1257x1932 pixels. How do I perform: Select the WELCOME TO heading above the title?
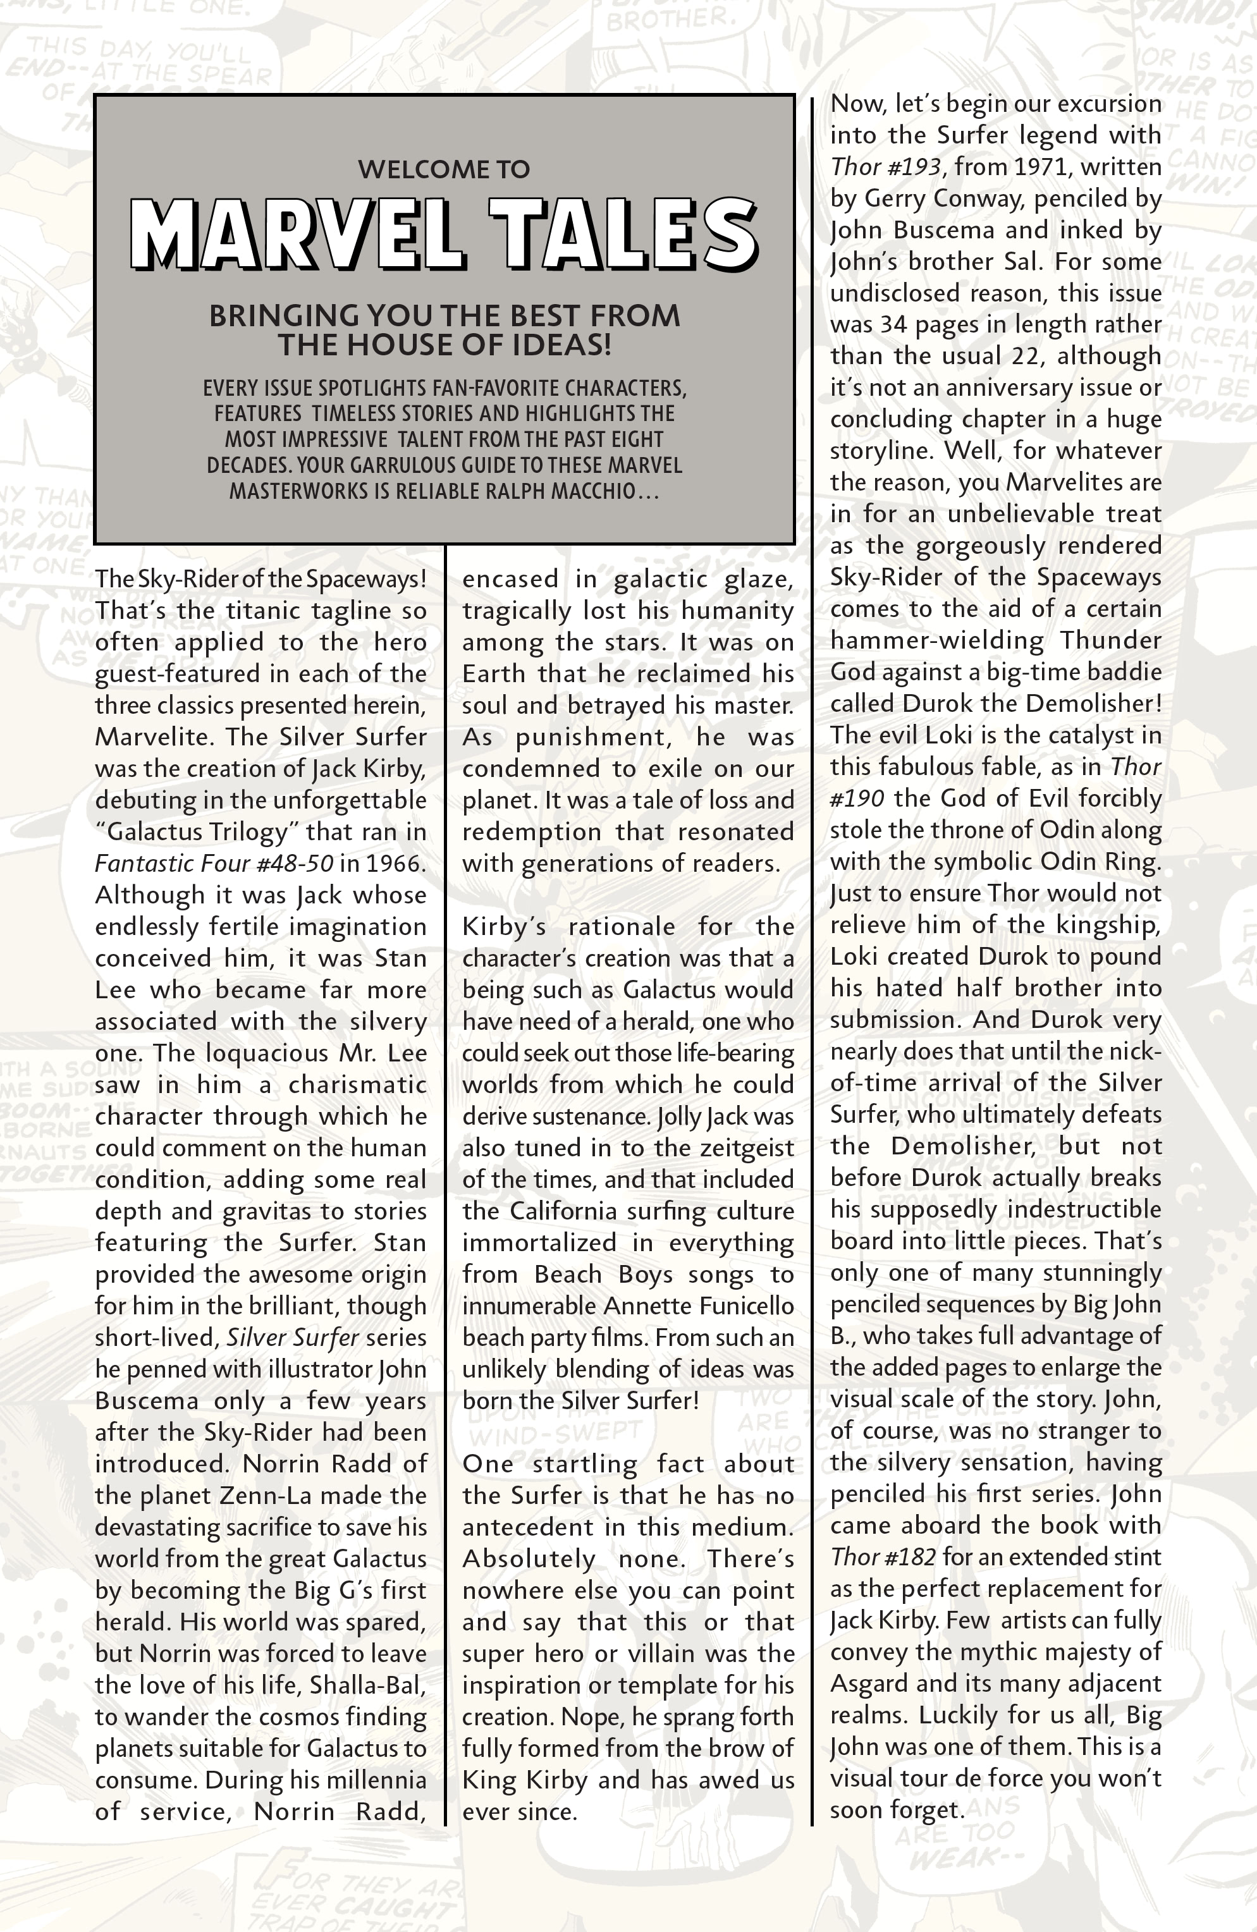(x=444, y=169)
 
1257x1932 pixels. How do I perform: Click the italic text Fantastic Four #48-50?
(x=214, y=863)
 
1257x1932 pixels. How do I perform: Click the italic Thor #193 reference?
(x=886, y=166)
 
